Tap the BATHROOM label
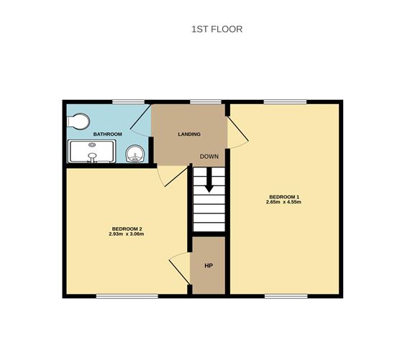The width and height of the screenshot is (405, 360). click(107, 134)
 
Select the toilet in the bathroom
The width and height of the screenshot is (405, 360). click(78, 121)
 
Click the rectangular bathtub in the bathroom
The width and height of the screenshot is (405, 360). click(91, 152)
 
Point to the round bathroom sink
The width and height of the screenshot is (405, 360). click(135, 152)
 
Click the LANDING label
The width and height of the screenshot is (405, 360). click(189, 134)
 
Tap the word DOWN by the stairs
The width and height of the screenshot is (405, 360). click(209, 157)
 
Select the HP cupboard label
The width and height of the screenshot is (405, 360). click(209, 267)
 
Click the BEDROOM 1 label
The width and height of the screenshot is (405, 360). click(284, 197)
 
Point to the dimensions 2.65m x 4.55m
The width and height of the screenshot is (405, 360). click(284, 203)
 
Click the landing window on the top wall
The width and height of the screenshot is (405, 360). click(206, 101)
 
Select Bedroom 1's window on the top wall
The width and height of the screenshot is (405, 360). click(286, 101)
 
